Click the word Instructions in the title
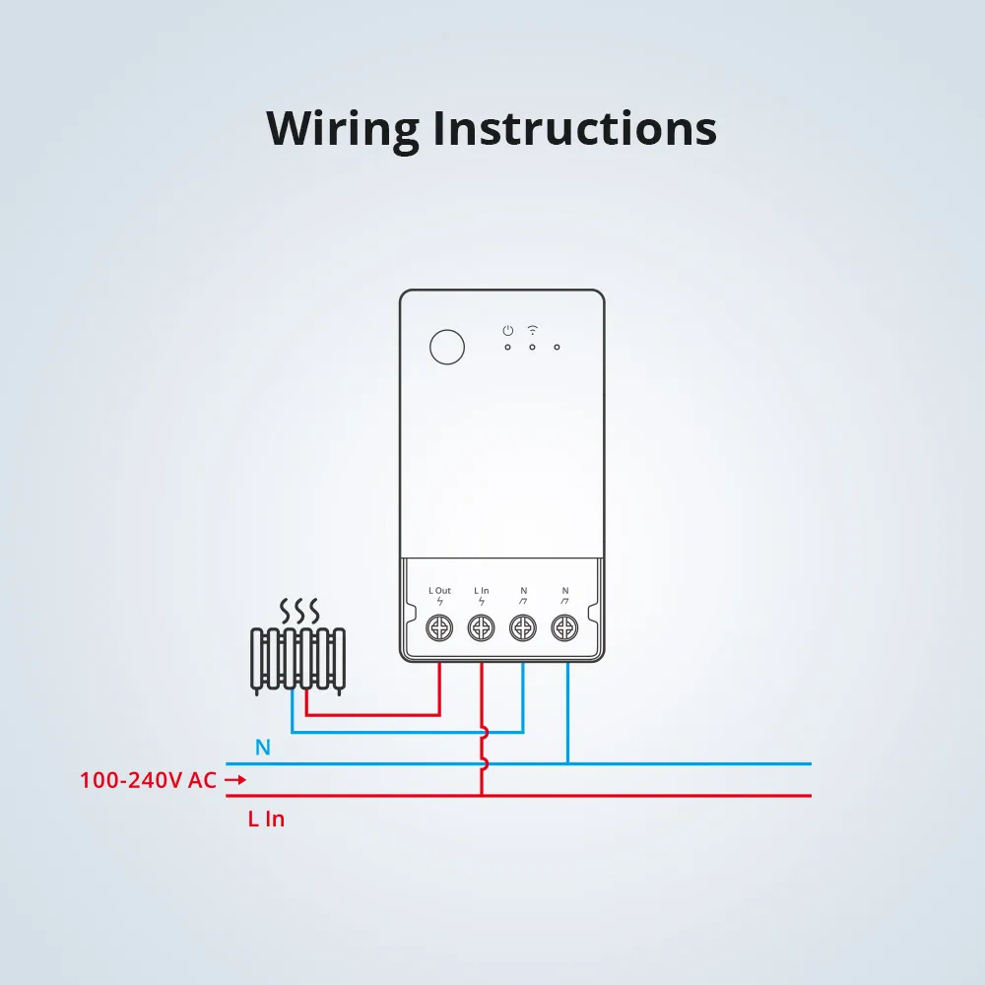click(x=574, y=128)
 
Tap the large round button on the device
click(x=448, y=348)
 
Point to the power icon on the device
click(x=507, y=330)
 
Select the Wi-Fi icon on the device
click(x=533, y=329)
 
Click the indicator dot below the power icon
click(x=507, y=347)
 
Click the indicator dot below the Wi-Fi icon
click(x=532, y=347)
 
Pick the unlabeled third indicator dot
click(x=557, y=347)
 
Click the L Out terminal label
click(x=439, y=591)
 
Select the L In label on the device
click(x=481, y=591)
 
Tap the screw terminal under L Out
click(x=439, y=626)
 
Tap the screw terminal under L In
click(x=481, y=626)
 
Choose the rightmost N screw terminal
click(x=563, y=626)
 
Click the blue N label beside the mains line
click(x=262, y=748)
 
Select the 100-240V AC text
click(x=148, y=780)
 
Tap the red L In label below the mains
click(x=266, y=819)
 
